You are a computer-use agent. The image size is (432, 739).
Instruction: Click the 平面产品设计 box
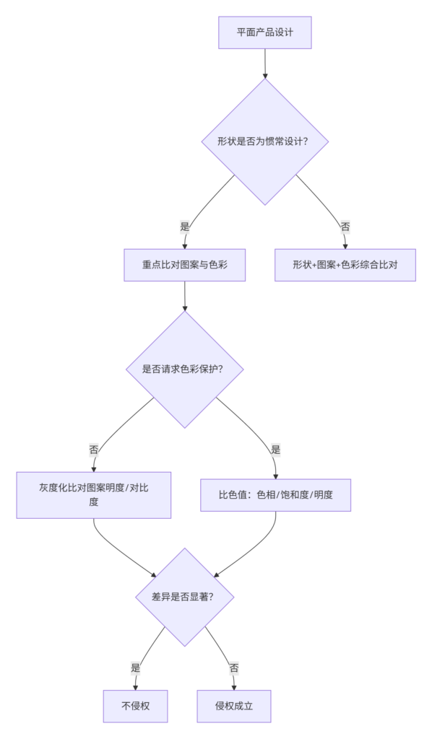[x=264, y=32]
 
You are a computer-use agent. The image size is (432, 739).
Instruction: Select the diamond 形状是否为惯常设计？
[x=264, y=141]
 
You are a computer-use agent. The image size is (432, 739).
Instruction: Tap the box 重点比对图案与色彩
[x=184, y=265]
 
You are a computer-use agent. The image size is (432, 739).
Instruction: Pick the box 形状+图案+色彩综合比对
[x=345, y=265]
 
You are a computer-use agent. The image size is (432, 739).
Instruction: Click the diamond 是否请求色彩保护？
[x=184, y=369]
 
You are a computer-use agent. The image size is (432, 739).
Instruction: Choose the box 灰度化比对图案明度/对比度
[x=93, y=495]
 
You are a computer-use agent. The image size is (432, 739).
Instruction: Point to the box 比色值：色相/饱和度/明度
[x=275, y=495]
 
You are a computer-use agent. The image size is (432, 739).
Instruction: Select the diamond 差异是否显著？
[x=184, y=597]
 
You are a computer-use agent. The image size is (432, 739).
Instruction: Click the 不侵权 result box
[x=135, y=706]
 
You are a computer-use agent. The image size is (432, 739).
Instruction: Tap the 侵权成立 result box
[x=234, y=706]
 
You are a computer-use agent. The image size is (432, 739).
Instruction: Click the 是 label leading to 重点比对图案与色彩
[x=184, y=227]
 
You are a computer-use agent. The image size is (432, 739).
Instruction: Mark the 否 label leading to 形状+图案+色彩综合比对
[x=345, y=227]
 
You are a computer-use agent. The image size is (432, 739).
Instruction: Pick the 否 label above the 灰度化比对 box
[x=93, y=450]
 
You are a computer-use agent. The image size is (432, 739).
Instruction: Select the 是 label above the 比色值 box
[x=275, y=450]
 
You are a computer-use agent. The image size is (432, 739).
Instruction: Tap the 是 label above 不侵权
[x=135, y=668]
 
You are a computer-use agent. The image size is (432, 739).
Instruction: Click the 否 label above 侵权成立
[x=234, y=668]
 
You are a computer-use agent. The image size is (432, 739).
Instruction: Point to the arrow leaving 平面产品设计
[x=264, y=64]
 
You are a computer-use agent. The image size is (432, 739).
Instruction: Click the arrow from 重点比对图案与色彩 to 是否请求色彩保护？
[x=184, y=297]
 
